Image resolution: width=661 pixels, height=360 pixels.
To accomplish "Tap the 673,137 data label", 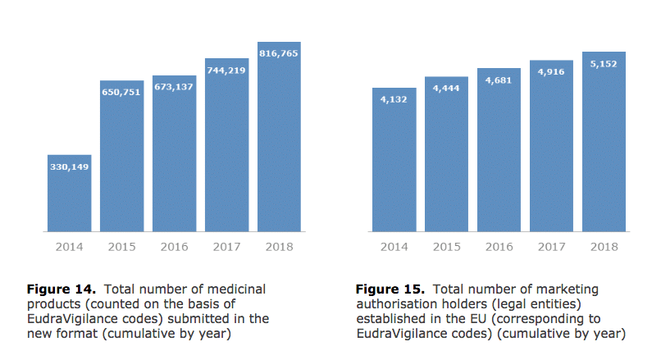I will click(x=173, y=87).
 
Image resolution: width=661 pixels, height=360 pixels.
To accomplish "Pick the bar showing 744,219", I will click(x=226, y=148).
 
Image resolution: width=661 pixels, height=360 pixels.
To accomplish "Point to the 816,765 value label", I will click(x=279, y=53).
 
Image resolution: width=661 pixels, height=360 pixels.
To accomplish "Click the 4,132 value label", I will click(x=394, y=100).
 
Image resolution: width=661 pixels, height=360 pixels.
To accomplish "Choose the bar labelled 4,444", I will click(x=446, y=156).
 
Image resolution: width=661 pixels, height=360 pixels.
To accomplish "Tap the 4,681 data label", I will click(x=499, y=80).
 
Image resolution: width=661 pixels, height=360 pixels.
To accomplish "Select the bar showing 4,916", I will click(x=551, y=148).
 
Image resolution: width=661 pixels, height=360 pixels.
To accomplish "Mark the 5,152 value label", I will click(x=604, y=64).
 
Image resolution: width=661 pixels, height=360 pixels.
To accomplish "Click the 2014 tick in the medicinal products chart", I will click(x=69, y=246).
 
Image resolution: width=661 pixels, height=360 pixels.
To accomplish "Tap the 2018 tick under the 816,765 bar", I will click(x=279, y=246).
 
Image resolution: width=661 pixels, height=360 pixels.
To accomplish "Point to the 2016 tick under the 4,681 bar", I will click(x=499, y=246).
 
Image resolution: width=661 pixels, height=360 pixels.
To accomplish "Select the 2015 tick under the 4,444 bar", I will click(x=446, y=246).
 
